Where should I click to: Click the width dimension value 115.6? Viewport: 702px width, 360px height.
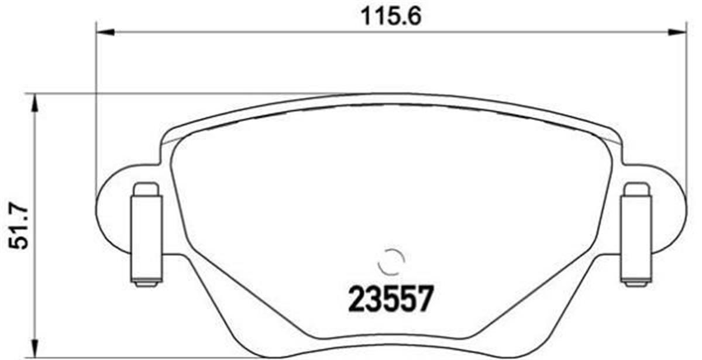coord(391,16)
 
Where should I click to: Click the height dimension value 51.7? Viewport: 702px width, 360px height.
coord(18,225)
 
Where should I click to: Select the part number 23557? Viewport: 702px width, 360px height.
coord(391,300)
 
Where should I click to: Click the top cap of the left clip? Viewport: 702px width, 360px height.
coord(146,190)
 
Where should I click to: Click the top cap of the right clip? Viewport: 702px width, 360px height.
coord(635,190)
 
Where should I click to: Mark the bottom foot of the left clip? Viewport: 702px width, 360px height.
coord(146,283)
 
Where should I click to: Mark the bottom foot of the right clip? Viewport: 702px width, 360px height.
coord(635,283)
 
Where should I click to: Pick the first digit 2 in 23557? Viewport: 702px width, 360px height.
coord(357,300)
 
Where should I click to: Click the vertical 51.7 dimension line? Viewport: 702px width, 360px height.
coord(36,176)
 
